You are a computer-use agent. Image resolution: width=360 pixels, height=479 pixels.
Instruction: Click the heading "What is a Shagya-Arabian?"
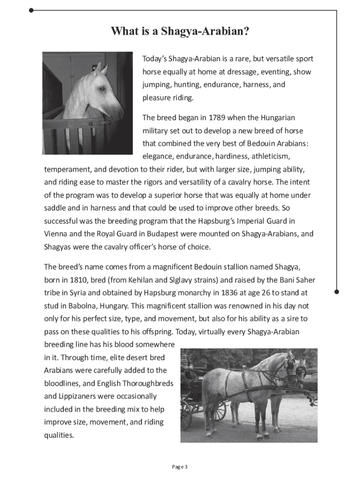click(x=180, y=32)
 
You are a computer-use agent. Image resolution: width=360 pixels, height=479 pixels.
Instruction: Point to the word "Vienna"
click(x=55, y=234)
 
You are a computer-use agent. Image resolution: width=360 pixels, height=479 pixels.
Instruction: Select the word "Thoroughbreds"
click(x=146, y=384)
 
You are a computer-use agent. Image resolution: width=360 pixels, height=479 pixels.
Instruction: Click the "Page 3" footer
click(x=180, y=467)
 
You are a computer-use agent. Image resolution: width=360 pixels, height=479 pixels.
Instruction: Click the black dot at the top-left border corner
click(x=31, y=9)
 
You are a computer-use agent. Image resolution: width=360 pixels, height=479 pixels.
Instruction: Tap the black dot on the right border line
click(x=337, y=291)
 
